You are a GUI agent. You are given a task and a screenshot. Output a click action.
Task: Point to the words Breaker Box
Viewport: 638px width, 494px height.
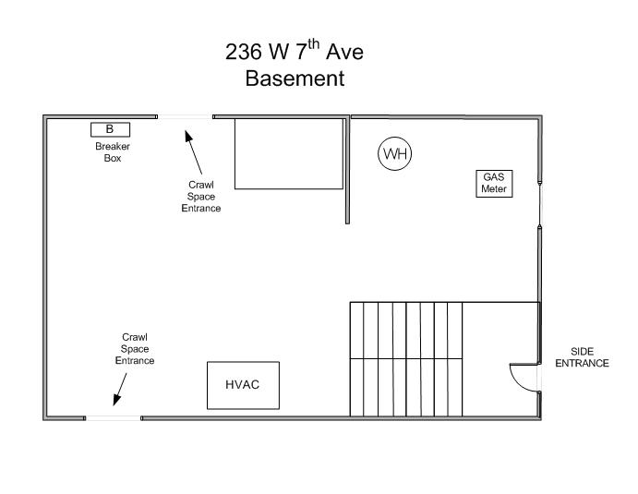click(x=113, y=152)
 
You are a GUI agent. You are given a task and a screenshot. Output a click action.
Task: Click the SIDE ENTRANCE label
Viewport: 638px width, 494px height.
click(x=582, y=357)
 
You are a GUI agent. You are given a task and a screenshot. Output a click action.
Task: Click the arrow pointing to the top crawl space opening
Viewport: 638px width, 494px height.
click(x=193, y=152)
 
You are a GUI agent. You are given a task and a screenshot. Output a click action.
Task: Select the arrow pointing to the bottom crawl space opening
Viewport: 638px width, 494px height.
click(x=120, y=390)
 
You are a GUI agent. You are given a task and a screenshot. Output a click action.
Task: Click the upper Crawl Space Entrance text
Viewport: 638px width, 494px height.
click(x=201, y=197)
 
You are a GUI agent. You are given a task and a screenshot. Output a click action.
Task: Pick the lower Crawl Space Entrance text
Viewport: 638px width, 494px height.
click(x=135, y=349)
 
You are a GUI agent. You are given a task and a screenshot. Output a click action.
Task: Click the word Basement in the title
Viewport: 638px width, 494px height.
click(x=295, y=78)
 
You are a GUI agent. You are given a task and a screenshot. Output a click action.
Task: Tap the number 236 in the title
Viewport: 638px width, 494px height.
click(x=244, y=52)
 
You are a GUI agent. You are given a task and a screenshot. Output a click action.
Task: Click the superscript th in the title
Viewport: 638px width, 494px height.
click(x=313, y=43)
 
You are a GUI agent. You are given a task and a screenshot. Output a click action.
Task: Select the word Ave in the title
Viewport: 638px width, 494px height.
click(x=344, y=52)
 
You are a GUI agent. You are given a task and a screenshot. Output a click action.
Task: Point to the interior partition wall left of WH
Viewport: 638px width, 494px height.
click(x=347, y=170)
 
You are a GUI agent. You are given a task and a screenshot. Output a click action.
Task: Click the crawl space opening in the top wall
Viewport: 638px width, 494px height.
click(x=186, y=116)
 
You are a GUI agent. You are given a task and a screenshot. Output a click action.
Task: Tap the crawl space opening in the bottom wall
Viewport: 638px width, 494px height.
click(x=114, y=418)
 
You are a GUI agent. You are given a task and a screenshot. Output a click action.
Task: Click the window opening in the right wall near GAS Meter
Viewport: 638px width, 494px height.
click(x=539, y=203)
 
